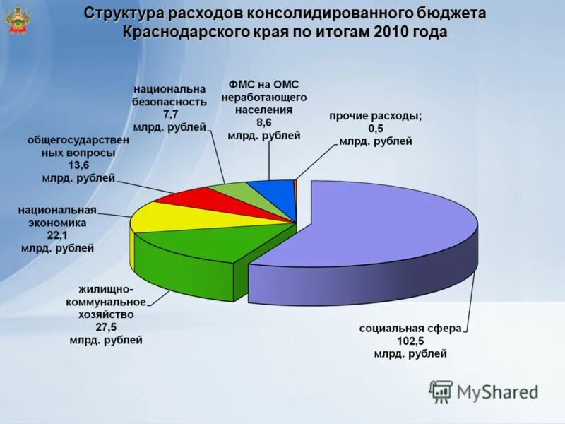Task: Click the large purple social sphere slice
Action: click(x=381, y=226)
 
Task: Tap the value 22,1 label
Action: click(x=56, y=235)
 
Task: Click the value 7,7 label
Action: click(x=172, y=114)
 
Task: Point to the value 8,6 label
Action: click(x=264, y=122)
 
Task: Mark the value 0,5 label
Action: click(x=376, y=129)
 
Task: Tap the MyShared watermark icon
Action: click(x=441, y=391)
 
